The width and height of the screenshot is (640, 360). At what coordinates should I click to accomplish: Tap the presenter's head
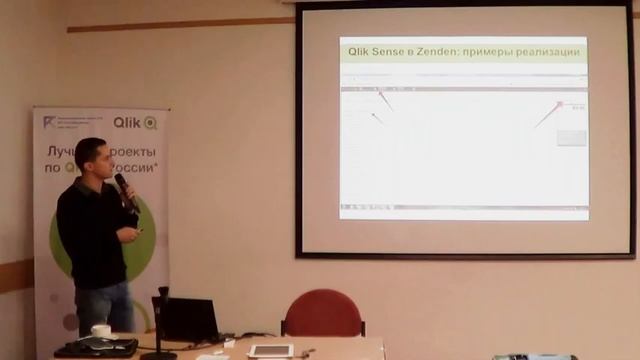coord(91,156)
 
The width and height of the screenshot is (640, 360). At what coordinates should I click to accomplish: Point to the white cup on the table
coord(101,331)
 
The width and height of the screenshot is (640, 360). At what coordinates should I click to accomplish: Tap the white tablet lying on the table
coord(270,350)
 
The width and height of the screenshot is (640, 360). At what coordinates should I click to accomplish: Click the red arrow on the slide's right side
coord(548,113)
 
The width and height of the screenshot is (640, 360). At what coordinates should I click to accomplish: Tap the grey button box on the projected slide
coord(571,137)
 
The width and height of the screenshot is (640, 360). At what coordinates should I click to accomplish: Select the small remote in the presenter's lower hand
coord(139,232)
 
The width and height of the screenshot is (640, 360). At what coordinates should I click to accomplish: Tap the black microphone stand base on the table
coord(158,353)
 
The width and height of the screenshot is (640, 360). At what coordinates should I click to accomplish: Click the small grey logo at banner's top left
coord(50,122)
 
